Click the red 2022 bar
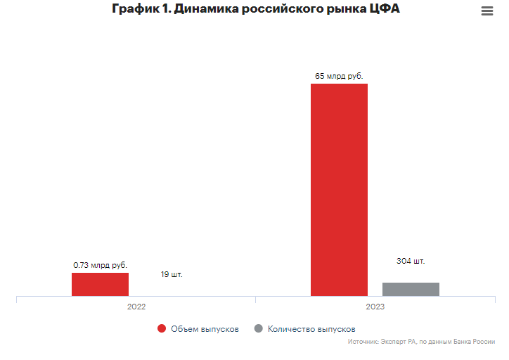(100, 284)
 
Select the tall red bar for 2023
(339, 190)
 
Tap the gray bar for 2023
(411, 289)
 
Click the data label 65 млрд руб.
(339, 75)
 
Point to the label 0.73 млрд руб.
(100, 265)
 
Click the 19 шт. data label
(171, 274)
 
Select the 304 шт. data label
(411, 261)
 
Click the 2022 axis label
(136, 307)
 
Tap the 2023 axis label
(375, 307)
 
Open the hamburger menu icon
(487, 11)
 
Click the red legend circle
(162, 328)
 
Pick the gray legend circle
(258, 328)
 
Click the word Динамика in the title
(203, 11)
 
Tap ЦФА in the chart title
(384, 11)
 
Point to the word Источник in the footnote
(363, 342)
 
